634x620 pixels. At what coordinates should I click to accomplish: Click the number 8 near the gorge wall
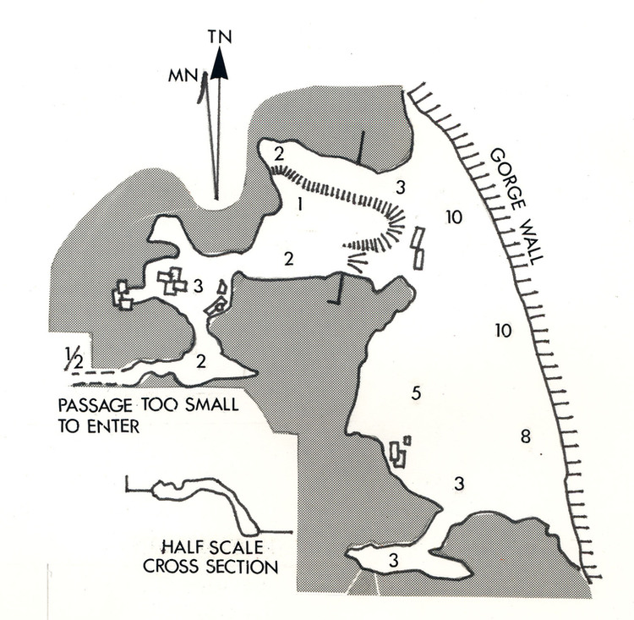[x=525, y=436]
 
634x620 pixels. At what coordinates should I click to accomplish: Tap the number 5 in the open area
[x=415, y=392]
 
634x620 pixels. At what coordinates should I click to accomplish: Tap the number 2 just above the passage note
[x=201, y=361]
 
